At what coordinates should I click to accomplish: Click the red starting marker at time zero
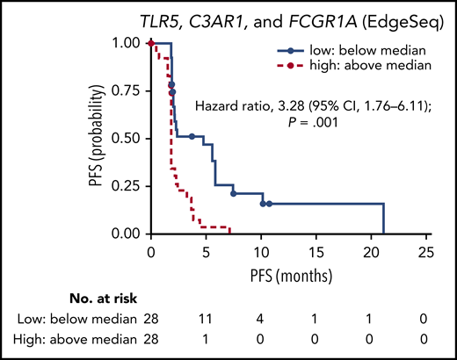point(151,43)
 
